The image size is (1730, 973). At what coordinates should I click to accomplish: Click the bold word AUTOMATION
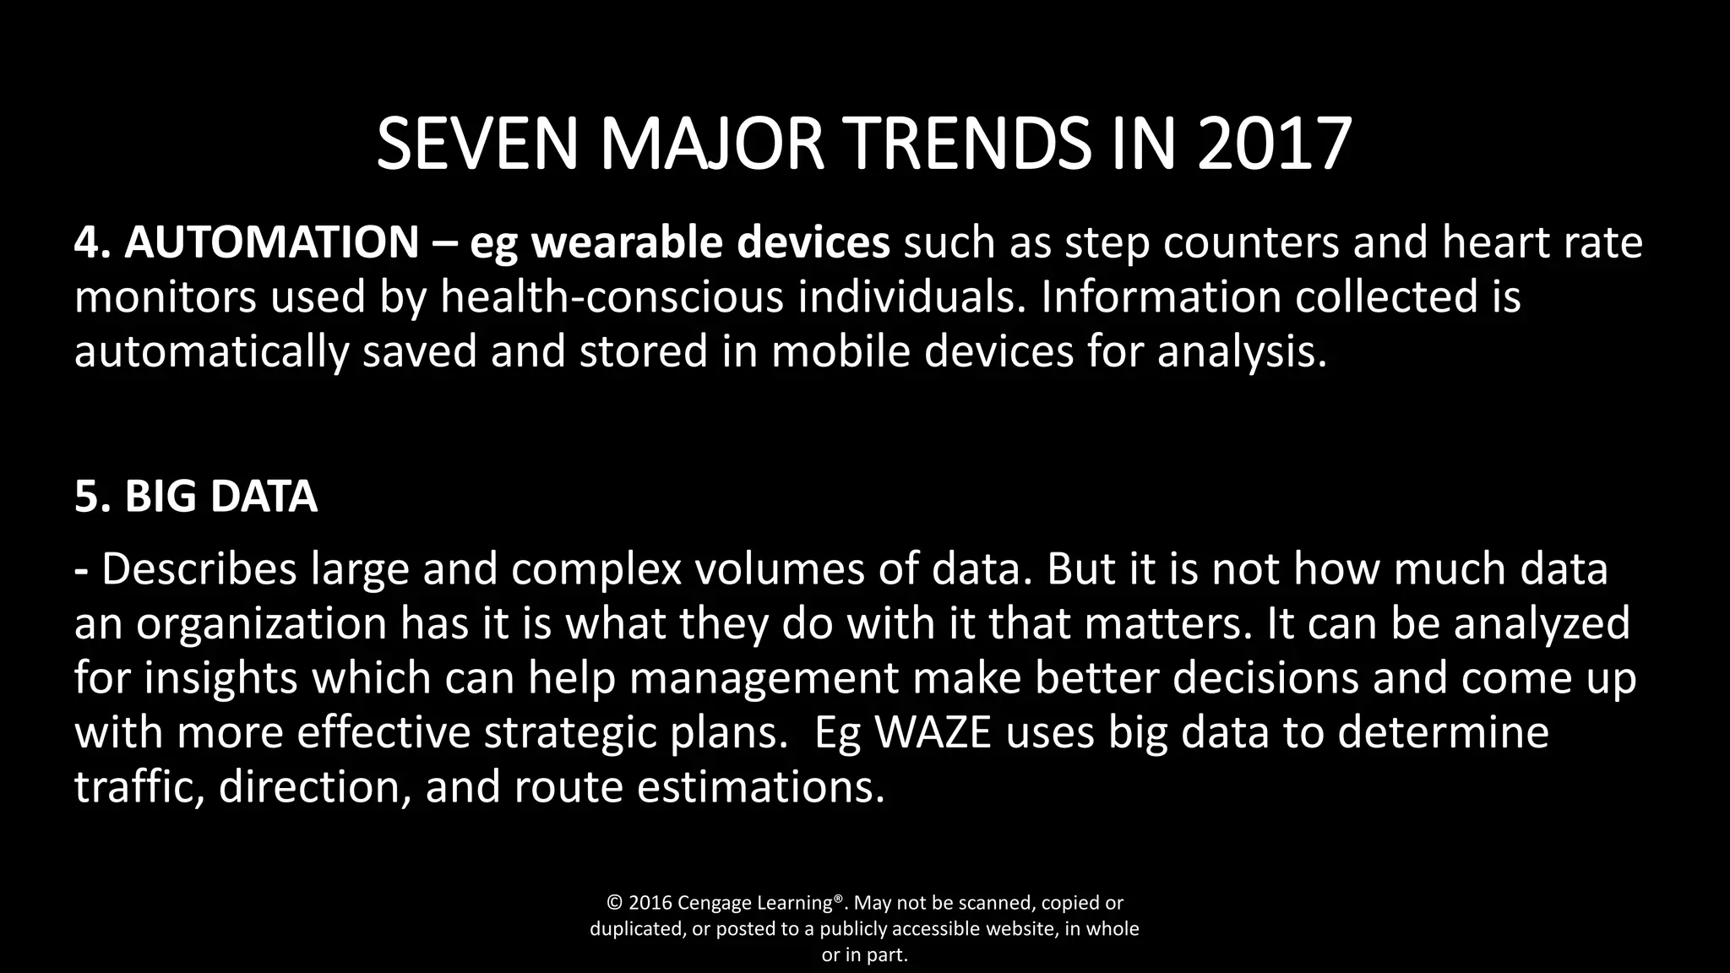pos(271,242)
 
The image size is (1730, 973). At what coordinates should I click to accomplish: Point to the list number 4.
pos(89,242)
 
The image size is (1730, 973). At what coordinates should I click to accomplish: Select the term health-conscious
pos(612,297)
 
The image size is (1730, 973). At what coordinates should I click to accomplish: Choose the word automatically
pos(211,351)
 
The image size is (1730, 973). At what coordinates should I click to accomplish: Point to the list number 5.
pos(89,497)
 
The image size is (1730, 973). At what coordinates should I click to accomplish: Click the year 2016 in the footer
pos(650,903)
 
